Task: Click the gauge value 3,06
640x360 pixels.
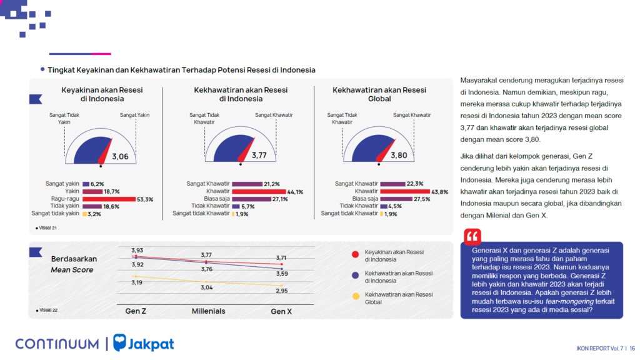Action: click(x=120, y=157)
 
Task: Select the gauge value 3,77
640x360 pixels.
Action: click(x=259, y=156)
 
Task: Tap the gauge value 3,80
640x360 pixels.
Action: click(x=399, y=156)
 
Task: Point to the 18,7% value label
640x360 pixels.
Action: click(x=112, y=191)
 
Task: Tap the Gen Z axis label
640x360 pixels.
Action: click(x=136, y=311)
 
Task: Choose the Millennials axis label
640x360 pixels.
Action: click(x=208, y=311)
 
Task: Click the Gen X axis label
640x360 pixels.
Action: click(x=281, y=311)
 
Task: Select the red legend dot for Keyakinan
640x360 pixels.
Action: click(x=355, y=254)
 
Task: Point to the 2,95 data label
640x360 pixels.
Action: click(x=282, y=291)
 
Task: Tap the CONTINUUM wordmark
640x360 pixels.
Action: click(x=57, y=344)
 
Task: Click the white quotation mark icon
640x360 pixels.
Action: click(x=472, y=237)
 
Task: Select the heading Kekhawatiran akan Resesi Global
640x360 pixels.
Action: click(x=379, y=94)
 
